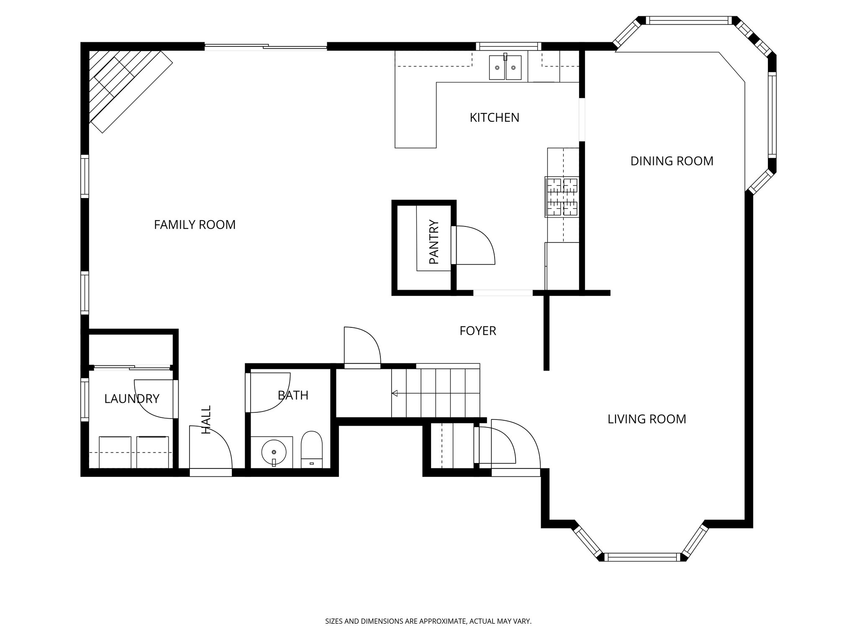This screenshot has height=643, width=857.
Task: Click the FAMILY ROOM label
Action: coord(195,225)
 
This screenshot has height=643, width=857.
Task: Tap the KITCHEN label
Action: coord(494,118)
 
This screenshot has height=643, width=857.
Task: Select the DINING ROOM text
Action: coord(672,161)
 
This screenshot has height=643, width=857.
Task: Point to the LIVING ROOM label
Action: coord(647,419)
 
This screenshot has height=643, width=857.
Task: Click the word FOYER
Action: coord(477,331)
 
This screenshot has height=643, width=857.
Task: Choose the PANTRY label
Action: coord(434,242)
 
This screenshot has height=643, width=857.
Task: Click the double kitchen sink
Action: coord(505,67)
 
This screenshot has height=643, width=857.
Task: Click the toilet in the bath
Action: coord(312,450)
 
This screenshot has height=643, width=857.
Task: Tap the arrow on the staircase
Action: coord(395,393)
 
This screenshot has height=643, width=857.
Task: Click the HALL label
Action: coord(206,419)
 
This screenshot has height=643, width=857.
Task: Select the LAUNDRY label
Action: coord(131,399)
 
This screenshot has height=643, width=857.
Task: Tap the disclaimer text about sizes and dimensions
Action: coord(428,622)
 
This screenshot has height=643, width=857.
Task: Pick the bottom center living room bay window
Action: coord(642,557)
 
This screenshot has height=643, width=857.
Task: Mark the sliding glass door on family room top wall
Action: coord(265,47)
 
